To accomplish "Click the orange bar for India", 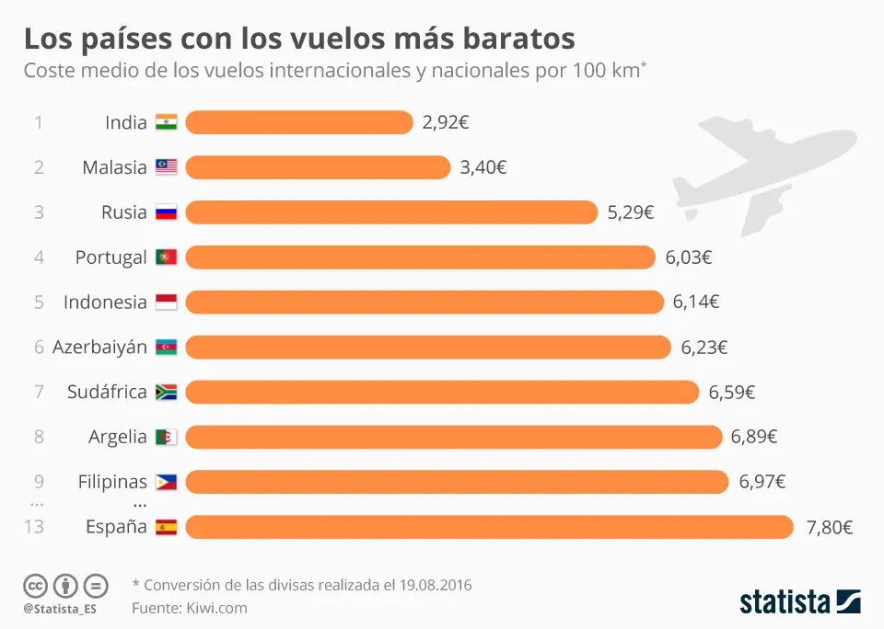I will coord(299,122).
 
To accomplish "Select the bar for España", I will coord(489,527).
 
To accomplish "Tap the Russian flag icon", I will coord(166,212).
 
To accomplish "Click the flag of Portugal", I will coord(166,257).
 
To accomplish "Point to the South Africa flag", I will coord(166,392).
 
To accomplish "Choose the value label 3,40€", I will coord(483,167).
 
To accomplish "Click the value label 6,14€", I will coord(696,302).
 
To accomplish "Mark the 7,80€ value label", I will coord(829,527).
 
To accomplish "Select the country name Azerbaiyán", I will coord(99,347).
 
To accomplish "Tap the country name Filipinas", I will coord(112,482).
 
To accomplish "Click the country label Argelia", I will coord(118,437).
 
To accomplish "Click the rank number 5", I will coord(39,302).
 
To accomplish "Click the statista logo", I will coord(800,602).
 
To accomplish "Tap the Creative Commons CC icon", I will coord(35,585).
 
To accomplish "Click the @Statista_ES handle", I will coord(60,609).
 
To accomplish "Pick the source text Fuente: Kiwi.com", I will coord(190,608).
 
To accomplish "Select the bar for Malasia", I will coord(318,167).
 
